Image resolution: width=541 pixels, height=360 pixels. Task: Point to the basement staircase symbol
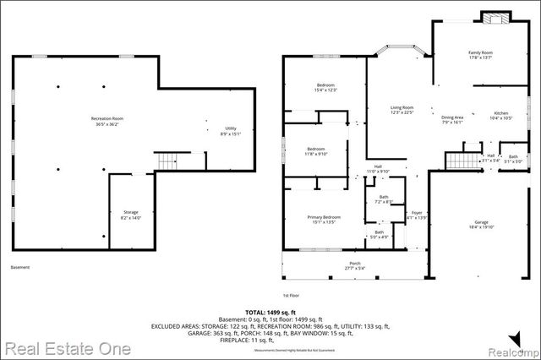[168, 160]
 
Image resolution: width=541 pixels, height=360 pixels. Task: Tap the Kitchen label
[501, 114]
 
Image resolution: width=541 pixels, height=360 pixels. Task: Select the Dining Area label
[453, 119]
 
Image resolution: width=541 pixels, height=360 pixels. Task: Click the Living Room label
[402, 109]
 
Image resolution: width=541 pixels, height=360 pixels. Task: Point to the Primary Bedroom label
[323, 220]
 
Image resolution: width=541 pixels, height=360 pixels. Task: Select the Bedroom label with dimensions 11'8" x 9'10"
[315, 150]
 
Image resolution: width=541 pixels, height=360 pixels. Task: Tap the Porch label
[355, 265]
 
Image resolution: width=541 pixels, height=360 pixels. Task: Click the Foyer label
[416, 214]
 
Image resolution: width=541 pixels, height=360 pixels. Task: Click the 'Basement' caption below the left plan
[20, 267]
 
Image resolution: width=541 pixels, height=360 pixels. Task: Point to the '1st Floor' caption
[292, 295]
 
